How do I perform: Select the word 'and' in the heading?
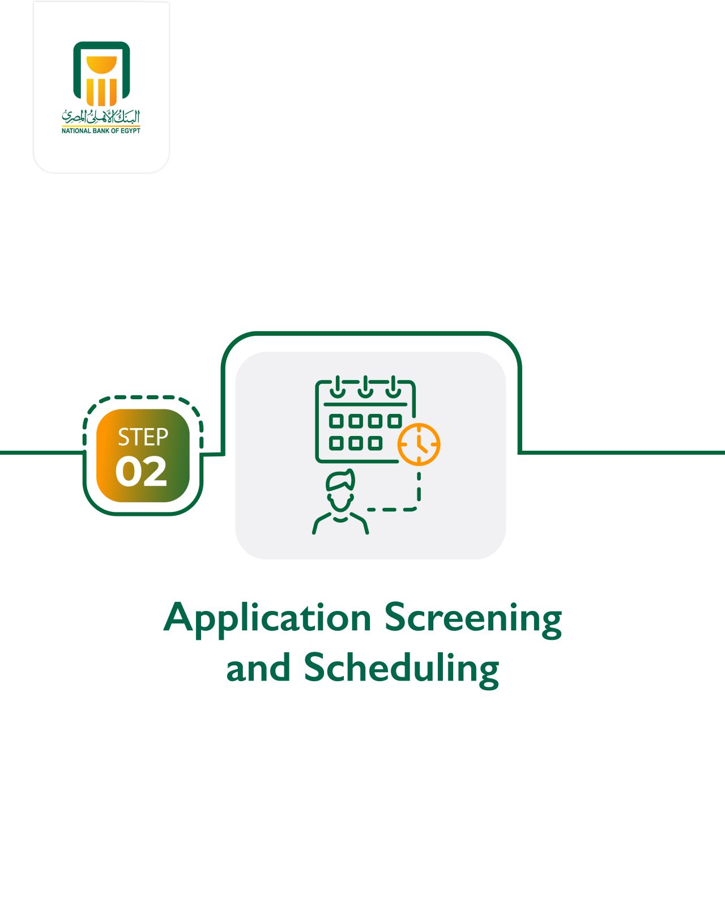click(258, 667)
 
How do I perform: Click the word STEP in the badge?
click(143, 437)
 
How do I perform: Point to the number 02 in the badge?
click(141, 472)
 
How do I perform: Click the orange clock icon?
click(419, 444)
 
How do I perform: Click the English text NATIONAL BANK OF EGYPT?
click(101, 131)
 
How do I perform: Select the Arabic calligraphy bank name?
click(101, 116)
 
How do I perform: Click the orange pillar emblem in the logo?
click(101, 81)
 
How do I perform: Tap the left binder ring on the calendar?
click(338, 387)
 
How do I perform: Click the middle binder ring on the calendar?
click(365, 387)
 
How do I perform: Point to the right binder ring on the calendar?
click(393, 387)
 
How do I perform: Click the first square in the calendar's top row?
click(336, 421)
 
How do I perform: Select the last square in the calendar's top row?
click(395, 421)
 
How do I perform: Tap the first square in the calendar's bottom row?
click(336, 443)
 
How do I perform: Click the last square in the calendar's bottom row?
click(375, 443)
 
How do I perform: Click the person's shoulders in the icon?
click(340, 523)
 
